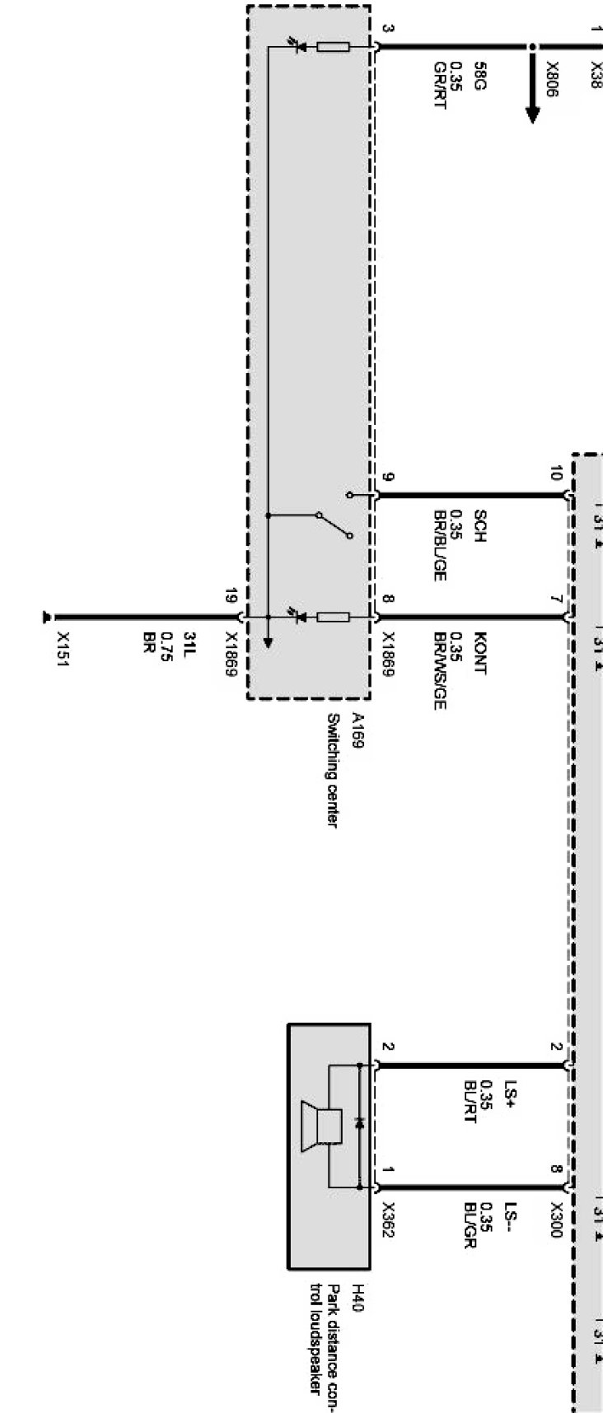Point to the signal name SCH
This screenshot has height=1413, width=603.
(480, 527)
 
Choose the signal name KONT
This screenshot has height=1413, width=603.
(480, 654)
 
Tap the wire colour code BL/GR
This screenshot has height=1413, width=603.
(470, 1226)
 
